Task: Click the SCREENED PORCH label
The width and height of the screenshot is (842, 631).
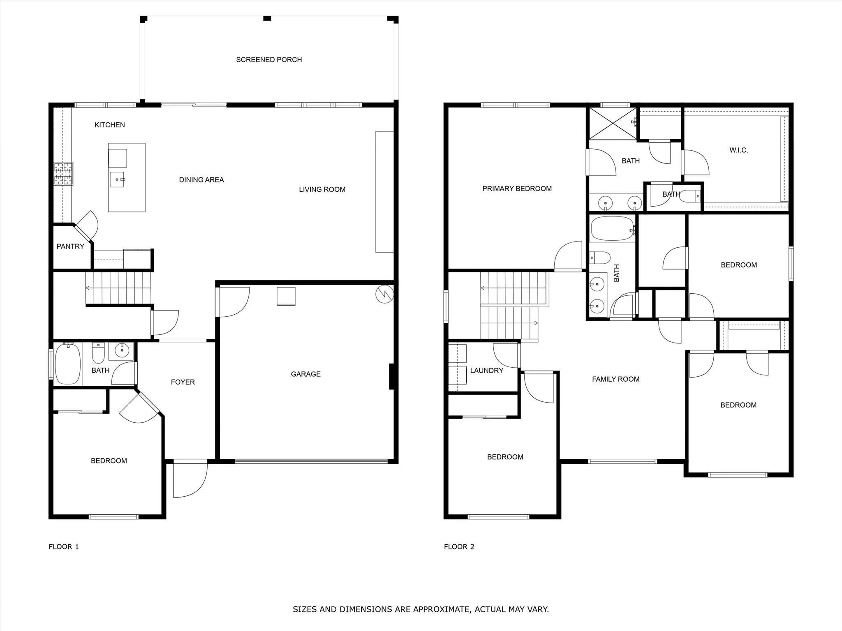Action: pyautogui.click(x=269, y=60)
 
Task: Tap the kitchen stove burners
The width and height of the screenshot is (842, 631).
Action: pyautogui.click(x=63, y=174)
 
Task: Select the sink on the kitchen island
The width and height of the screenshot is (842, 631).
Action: pyautogui.click(x=117, y=180)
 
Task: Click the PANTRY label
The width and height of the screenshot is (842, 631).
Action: pyautogui.click(x=70, y=246)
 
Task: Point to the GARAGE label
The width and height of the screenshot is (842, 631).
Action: pyautogui.click(x=305, y=374)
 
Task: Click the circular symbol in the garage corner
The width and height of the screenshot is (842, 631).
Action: pyautogui.click(x=384, y=294)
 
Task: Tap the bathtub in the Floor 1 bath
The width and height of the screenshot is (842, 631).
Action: pyautogui.click(x=67, y=364)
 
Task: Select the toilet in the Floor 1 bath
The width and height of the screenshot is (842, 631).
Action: pyautogui.click(x=98, y=353)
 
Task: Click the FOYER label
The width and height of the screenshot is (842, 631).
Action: pyautogui.click(x=183, y=382)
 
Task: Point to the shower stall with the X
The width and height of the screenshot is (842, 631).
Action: pyautogui.click(x=612, y=123)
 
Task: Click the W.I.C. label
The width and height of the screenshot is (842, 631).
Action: pyautogui.click(x=739, y=150)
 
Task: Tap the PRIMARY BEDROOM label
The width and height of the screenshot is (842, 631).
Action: pyautogui.click(x=517, y=189)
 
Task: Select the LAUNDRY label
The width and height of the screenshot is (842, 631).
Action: pyautogui.click(x=486, y=371)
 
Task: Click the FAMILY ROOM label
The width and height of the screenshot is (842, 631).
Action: pyautogui.click(x=615, y=379)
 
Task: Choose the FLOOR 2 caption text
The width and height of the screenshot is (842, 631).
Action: pyautogui.click(x=459, y=547)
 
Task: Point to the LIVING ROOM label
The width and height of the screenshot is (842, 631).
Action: pyautogui.click(x=322, y=189)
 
